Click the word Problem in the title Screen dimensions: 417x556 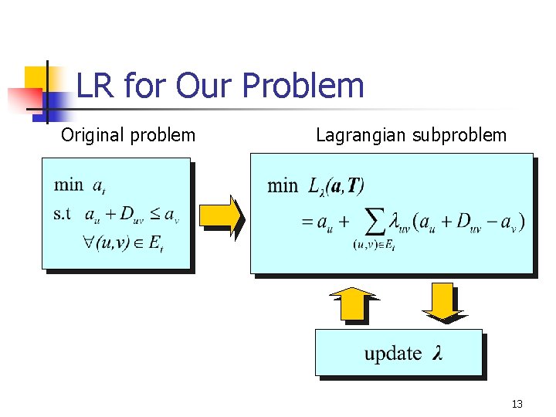308,86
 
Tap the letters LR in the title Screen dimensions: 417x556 96,86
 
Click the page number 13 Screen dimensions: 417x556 517,404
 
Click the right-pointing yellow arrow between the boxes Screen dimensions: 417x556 222,215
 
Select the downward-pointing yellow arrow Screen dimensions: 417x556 443,301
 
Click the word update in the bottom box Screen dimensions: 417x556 392,354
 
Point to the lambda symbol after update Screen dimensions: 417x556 438,354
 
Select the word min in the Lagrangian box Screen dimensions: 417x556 282,185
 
